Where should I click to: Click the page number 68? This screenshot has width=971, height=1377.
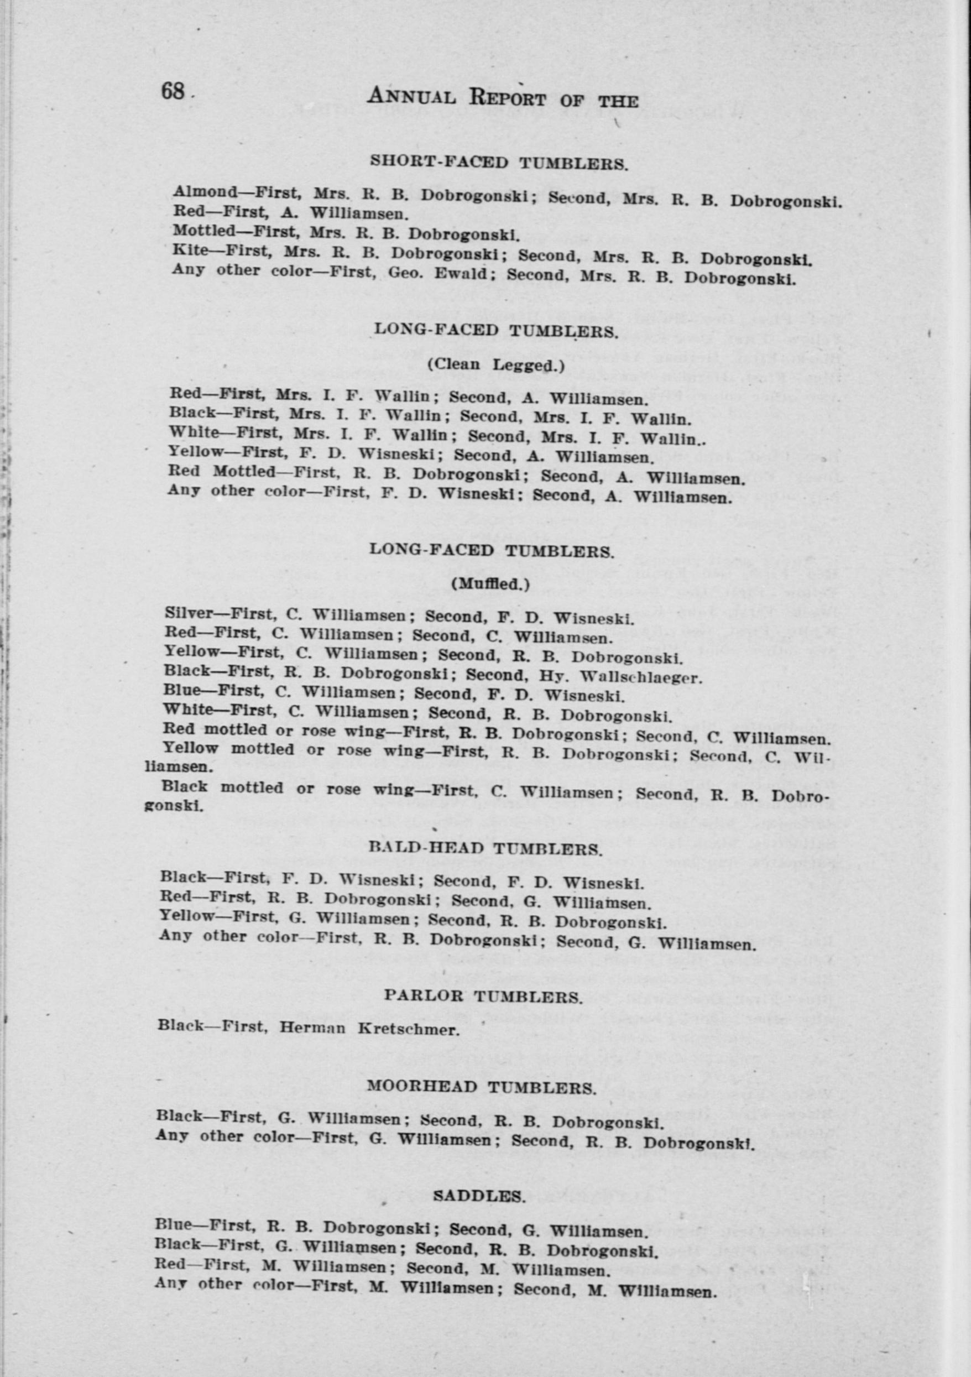[172, 92]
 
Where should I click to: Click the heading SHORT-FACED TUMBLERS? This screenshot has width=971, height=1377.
[499, 162]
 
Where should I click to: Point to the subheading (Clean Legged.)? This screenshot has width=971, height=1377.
[495, 364]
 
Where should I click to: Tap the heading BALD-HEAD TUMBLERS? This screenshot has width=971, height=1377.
[484, 849]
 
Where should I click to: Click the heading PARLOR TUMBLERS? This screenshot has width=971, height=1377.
[483, 996]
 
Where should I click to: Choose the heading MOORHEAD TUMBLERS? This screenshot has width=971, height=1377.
[481, 1087]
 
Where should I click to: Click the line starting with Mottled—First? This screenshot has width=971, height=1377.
[345, 232]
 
